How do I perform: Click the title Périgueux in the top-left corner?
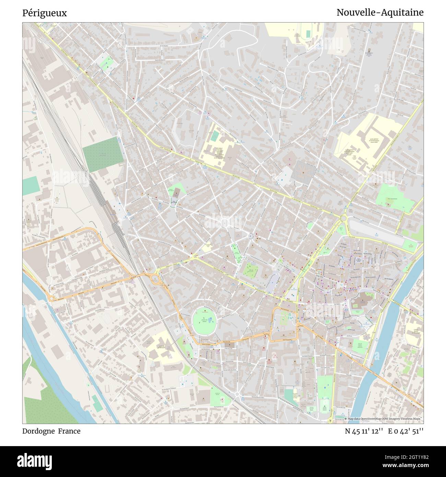pos(45,13)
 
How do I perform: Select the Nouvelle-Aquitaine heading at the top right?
pos(380,13)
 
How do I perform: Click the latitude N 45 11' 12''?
pos(364,431)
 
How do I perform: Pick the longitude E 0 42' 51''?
pos(406,431)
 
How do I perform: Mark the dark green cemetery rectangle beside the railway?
pos(103,154)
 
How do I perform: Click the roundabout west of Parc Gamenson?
pos(343,218)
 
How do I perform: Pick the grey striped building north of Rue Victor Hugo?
pos(305,169)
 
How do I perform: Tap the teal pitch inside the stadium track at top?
pos(308,33)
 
